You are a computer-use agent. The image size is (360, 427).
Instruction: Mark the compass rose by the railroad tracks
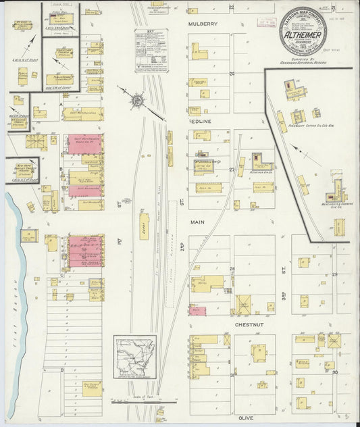coord(137,101)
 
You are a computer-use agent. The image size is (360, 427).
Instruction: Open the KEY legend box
coord(151,49)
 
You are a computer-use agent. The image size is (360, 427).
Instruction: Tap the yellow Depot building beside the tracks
coord(144,226)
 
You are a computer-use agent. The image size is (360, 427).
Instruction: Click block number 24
coord(232,73)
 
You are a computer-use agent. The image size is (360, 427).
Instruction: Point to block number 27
coord(231,170)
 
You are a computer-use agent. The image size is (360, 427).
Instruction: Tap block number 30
coord(334,372)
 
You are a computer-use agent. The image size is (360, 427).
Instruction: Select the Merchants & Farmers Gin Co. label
coord(335,204)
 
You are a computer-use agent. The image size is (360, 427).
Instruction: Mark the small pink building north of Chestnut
coord(197,311)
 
